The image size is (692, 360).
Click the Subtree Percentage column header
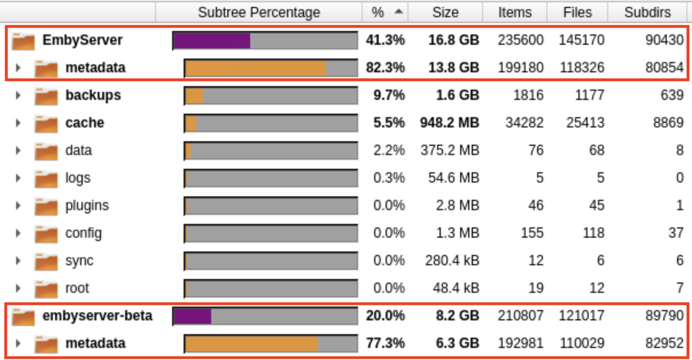(259, 13)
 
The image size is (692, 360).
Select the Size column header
(445, 13)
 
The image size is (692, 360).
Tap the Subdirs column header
(647, 13)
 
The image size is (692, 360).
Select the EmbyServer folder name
(82, 40)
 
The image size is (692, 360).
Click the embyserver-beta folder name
(97, 316)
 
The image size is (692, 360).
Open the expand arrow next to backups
(18, 95)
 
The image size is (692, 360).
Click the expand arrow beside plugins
(18, 206)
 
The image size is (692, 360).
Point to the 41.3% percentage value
(385, 40)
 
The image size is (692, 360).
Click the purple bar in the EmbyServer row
(212, 41)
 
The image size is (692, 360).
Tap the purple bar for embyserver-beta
(192, 316)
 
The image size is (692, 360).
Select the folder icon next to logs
(46, 179)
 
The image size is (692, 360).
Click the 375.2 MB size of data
(453, 150)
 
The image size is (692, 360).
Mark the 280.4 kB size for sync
(452, 261)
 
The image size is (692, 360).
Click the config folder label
(83, 233)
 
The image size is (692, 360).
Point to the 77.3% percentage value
(385, 343)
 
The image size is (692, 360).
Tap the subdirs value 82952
(663, 343)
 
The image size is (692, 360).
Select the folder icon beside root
(46, 289)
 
